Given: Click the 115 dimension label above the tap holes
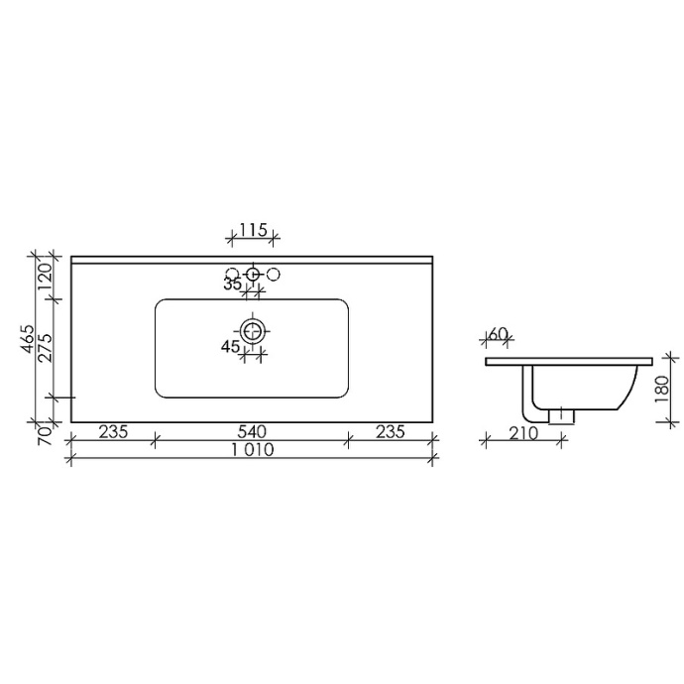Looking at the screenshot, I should tap(253, 230).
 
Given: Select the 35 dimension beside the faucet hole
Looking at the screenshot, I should tap(233, 285).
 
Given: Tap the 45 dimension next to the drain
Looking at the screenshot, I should tap(230, 346).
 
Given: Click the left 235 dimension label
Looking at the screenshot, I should tap(113, 431).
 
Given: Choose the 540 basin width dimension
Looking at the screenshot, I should tap(253, 431).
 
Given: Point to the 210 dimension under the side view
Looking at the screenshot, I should tap(522, 432).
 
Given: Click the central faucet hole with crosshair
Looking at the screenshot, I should tap(254, 274).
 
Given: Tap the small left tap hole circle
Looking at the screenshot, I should tap(232, 274).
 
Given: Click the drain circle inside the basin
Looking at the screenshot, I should tap(254, 328).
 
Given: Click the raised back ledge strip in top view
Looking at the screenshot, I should tap(253, 260).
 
